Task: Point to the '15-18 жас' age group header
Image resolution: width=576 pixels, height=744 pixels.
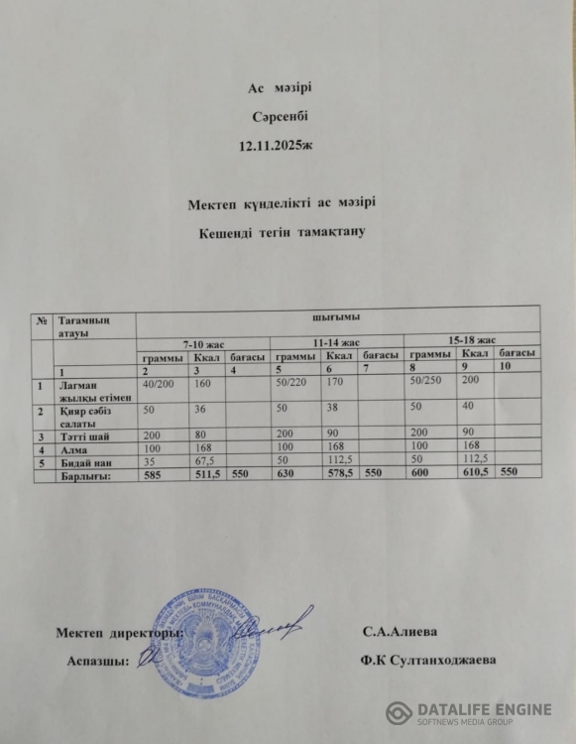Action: [x=472, y=339]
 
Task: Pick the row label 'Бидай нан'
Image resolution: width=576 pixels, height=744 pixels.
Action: [x=82, y=462]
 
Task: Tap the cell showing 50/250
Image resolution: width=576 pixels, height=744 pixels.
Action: [x=425, y=381]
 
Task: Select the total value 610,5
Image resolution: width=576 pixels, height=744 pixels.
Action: [x=473, y=473]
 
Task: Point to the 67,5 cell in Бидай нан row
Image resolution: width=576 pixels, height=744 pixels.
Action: [x=205, y=462]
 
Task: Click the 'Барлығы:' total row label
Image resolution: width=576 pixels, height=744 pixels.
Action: [x=86, y=476]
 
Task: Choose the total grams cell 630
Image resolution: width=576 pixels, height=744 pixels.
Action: [x=287, y=475]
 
